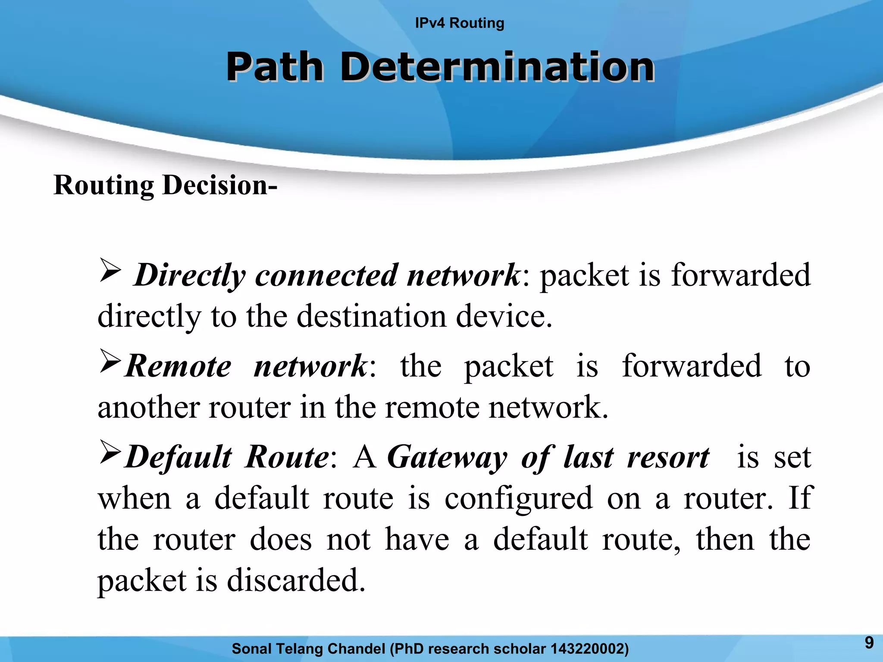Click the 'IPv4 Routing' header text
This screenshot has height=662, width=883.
[x=459, y=23]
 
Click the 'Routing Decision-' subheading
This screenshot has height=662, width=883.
[x=165, y=185]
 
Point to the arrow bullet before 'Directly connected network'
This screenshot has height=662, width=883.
[x=110, y=270]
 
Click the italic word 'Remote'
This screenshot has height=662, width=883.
[x=178, y=366]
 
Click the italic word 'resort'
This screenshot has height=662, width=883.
[x=668, y=457]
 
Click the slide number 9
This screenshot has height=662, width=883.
[x=869, y=643]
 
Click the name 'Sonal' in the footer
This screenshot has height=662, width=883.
[x=251, y=649]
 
